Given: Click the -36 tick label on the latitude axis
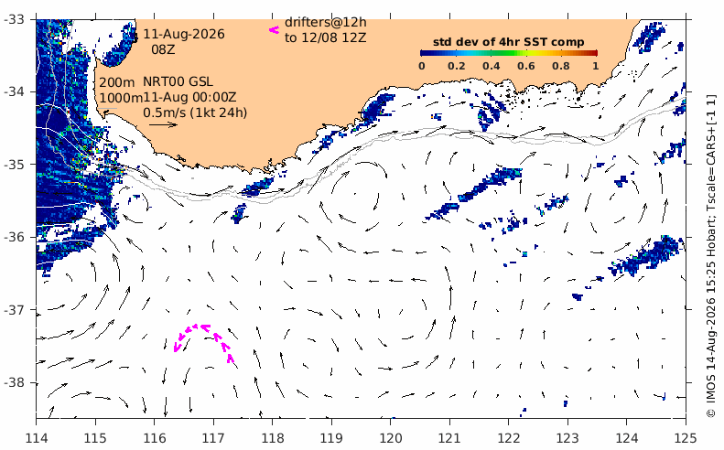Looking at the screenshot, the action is tap(17, 237).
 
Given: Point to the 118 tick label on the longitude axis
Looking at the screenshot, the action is tap(272, 437).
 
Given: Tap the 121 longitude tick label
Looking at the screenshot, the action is tap(449, 437).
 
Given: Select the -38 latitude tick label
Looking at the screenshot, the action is tap(17, 382).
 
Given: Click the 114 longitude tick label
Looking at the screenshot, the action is tap(36, 437).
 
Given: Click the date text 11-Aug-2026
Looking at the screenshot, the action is tap(184, 34).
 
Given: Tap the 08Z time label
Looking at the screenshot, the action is tap(164, 48).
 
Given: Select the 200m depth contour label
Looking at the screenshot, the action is tap(117, 82).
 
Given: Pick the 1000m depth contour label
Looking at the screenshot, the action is tap(121, 98).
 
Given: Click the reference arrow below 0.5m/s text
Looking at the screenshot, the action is tap(164, 124).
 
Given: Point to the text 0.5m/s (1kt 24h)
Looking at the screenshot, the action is tap(195, 112).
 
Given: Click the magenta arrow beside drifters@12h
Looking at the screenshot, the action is tap(275, 30).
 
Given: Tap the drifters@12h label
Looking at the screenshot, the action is tap(326, 22).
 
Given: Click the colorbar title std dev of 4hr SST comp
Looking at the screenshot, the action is tap(508, 42).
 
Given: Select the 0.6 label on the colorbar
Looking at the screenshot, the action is tap(526, 66).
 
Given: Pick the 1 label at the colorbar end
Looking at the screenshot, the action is tap(596, 66).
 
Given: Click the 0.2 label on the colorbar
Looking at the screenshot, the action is tap(456, 66).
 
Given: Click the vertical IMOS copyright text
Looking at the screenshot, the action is tap(710, 255).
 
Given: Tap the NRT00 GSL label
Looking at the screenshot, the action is tap(178, 81).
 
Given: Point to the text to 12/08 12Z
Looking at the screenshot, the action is tap(326, 37).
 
